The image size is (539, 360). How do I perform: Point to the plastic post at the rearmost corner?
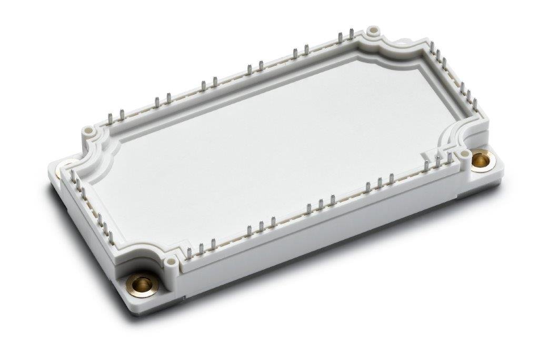373,31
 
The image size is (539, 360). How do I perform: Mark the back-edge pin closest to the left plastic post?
109,118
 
